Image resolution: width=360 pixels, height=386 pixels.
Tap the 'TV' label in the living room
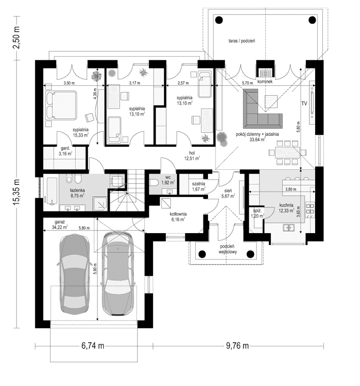point(304,103)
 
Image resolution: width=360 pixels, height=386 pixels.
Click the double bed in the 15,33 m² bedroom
point(61,104)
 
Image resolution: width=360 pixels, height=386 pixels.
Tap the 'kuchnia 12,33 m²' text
point(286,207)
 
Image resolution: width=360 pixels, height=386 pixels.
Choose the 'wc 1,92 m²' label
point(168,180)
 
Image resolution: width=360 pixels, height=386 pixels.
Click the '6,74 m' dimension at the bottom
point(94,345)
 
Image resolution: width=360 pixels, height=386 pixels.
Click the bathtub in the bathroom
point(52,191)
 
